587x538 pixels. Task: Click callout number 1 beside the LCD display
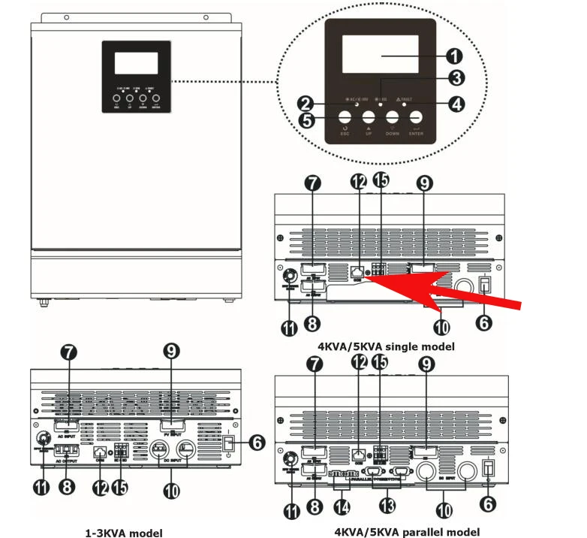pyautogui.click(x=453, y=56)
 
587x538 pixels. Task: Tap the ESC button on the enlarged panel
pyautogui.click(x=345, y=118)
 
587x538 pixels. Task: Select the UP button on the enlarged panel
pyautogui.click(x=369, y=118)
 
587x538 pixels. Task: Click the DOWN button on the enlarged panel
pyautogui.click(x=393, y=118)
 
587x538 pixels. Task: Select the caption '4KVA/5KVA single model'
pyautogui.click(x=387, y=346)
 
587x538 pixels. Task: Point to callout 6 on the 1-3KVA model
pyautogui.click(x=257, y=443)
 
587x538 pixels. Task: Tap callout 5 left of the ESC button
pyautogui.click(x=306, y=120)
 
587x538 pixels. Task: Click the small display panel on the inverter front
pyautogui.click(x=136, y=76)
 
